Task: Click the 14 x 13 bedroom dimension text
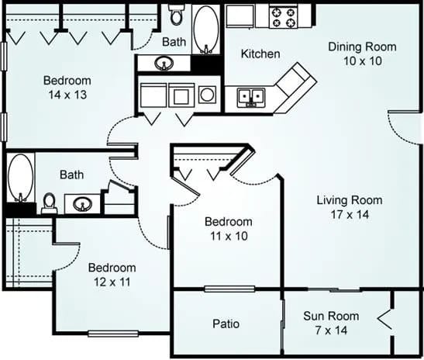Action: coord(67,94)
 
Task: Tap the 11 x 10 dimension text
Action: coord(229,235)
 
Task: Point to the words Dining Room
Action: coord(362,47)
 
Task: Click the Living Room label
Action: coord(349,200)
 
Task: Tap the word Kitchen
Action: coord(260,54)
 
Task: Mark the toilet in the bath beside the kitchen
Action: coord(176,14)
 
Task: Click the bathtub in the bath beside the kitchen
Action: coord(205,29)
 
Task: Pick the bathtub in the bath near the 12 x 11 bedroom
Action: coord(21,178)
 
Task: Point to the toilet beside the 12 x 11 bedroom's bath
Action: coord(49,203)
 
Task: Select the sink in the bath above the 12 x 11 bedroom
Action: coord(81,205)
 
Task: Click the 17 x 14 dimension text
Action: coord(349,214)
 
